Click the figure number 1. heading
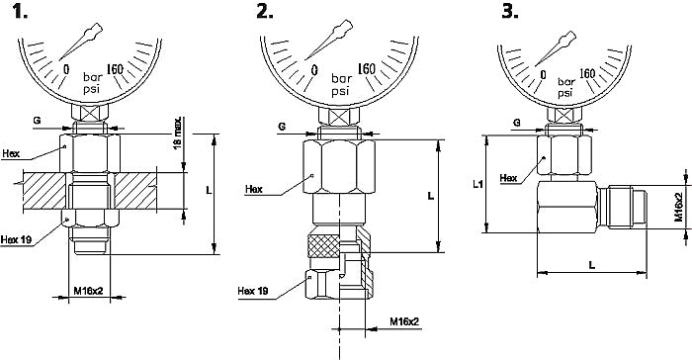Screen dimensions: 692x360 pyautogui.click(x=21, y=12)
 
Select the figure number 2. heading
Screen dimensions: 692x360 pyautogui.click(x=265, y=12)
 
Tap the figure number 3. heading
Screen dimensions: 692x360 pyautogui.click(x=510, y=12)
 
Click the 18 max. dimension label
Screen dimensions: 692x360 pyautogui.click(x=177, y=133)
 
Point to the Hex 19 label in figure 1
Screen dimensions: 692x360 pyautogui.click(x=17, y=240)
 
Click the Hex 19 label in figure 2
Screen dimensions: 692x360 pyautogui.click(x=253, y=291)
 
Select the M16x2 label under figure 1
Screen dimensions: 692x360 pyautogui.click(x=88, y=291)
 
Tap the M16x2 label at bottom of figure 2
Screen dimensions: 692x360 pyautogui.click(x=404, y=322)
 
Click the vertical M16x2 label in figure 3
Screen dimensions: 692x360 pyautogui.click(x=678, y=207)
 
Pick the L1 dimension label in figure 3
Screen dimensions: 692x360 pyautogui.click(x=477, y=184)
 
